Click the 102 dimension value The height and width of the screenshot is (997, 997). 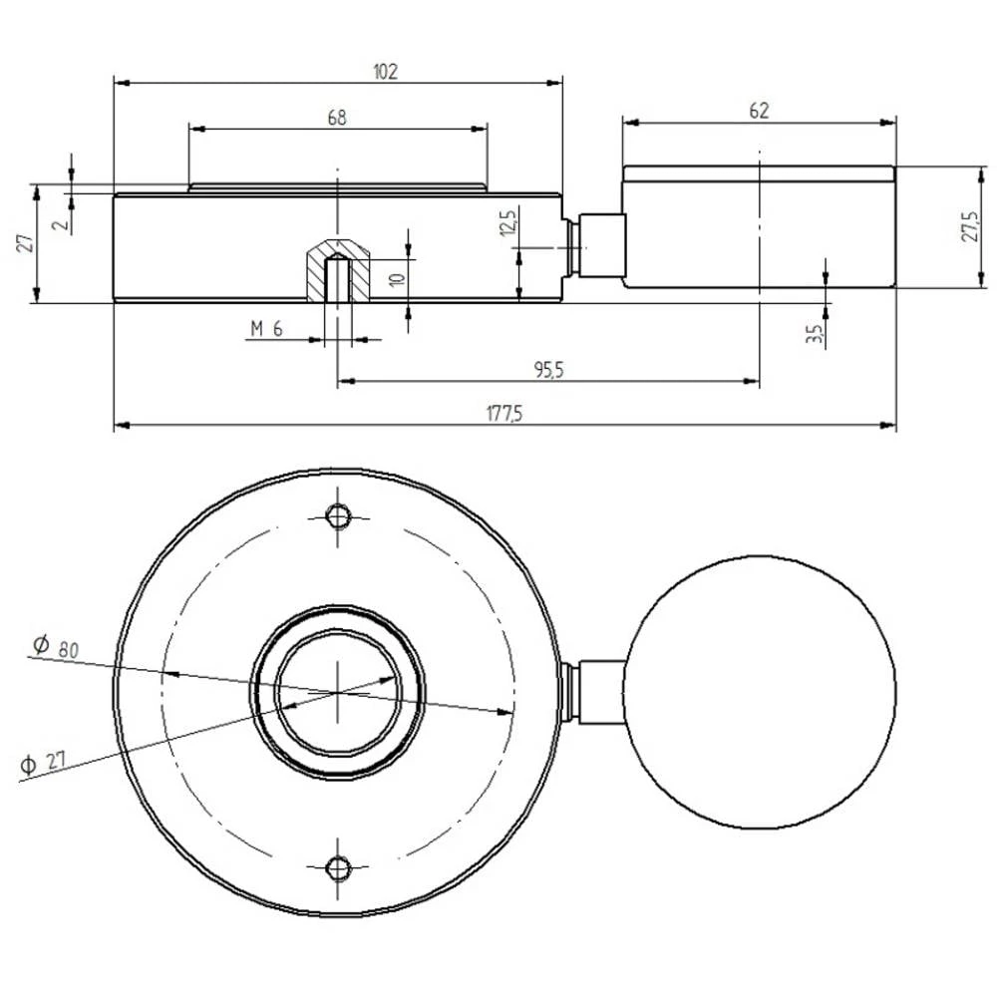386,71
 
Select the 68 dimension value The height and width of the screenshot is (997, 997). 337,118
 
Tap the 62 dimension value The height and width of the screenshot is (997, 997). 759,111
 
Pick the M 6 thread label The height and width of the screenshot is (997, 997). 267,330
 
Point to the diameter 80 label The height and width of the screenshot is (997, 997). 56,646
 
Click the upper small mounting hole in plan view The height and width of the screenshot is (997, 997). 339,516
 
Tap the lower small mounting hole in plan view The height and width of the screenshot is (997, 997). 339,867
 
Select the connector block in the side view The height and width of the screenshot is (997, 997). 601,245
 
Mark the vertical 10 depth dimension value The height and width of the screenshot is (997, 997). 396,278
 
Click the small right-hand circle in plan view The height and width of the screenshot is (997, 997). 760,692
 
